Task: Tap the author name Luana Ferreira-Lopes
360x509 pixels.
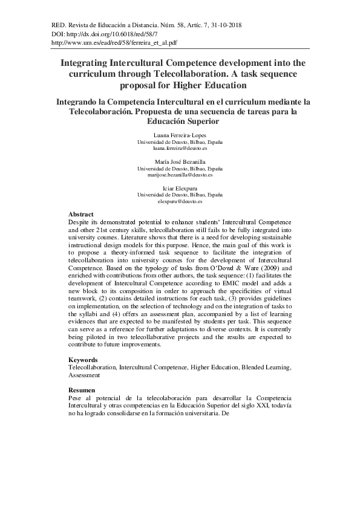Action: tap(180, 135)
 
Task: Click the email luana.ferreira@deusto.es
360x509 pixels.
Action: tap(180, 148)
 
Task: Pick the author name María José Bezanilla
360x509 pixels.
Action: tap(180, 161)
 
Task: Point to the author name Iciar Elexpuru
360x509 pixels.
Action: tap(180, 189)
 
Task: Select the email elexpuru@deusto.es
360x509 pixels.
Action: tap(180, 201)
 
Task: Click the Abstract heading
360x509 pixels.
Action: tap(81, 215)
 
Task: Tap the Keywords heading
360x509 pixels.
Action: tap(83, 360)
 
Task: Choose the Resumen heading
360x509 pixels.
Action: tap(82, 391)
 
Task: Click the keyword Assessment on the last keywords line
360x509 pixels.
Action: tap(84, 375)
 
